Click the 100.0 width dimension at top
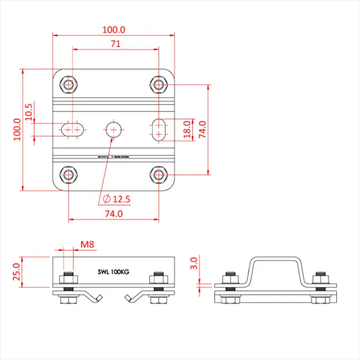(114, 29)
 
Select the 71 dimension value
(115, 44)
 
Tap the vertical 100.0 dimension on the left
(16, 129)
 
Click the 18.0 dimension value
(187, 129)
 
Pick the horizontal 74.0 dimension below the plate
(113, 214)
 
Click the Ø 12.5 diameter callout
(116, 199)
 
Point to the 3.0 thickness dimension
(194, 264)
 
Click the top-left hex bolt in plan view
(69, 85)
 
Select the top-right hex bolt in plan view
(159, 85)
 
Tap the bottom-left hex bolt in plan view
(69, 175)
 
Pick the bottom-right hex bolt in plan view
(159, 175)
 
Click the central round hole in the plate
(114, 129)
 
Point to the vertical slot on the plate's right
(159, 129)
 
